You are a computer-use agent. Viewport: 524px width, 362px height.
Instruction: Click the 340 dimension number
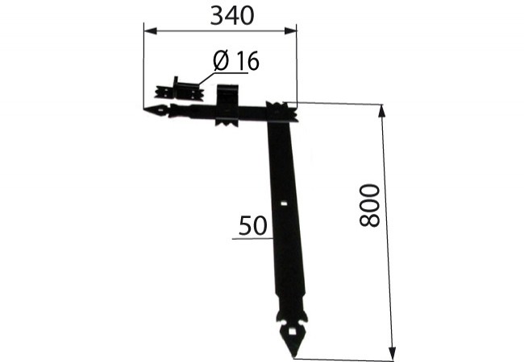pos(232,15)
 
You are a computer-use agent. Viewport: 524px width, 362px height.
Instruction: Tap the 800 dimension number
pos(369,205)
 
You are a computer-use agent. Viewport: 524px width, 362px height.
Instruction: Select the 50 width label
pos(253,225)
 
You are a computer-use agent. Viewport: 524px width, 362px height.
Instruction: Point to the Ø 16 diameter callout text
pos(236,60)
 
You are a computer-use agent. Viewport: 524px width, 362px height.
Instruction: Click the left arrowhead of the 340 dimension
pos(150,31)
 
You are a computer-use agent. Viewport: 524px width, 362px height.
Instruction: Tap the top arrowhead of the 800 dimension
pos(382,111)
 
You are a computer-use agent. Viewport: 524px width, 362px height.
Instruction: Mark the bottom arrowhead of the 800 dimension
pos(393,354)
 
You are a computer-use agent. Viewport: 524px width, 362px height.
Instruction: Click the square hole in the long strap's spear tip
pos(293,331)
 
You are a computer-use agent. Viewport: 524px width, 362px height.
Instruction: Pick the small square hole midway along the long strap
pos(284,203)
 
